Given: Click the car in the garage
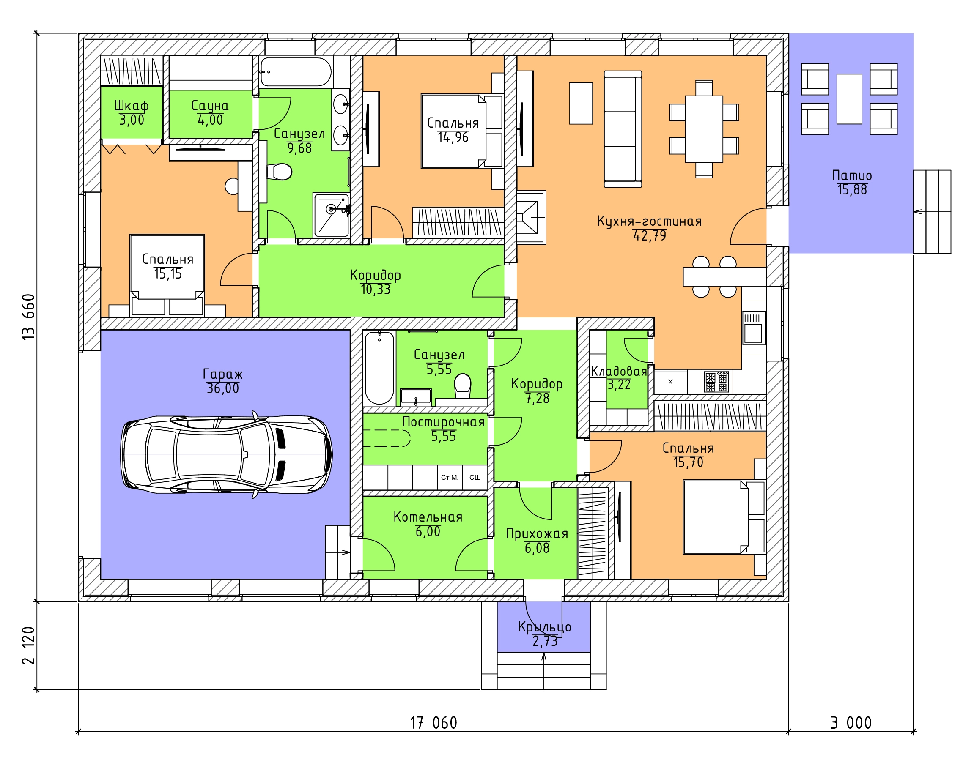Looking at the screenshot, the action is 226,454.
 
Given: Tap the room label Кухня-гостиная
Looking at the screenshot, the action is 649,221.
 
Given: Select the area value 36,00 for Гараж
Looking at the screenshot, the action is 223,388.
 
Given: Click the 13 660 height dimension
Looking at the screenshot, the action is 28,317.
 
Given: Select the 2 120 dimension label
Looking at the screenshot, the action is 28,645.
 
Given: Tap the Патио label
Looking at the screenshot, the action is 852,175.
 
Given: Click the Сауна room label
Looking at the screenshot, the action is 210,106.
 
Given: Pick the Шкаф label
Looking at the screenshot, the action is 132,106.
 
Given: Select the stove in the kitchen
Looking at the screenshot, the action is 716,382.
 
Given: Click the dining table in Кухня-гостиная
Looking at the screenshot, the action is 704,128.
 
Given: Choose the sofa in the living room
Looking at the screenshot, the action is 623,128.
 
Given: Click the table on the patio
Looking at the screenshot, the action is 849,99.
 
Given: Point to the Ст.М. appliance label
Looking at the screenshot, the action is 450,477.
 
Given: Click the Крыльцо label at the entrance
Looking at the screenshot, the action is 545,627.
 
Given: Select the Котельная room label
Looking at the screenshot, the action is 428,517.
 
